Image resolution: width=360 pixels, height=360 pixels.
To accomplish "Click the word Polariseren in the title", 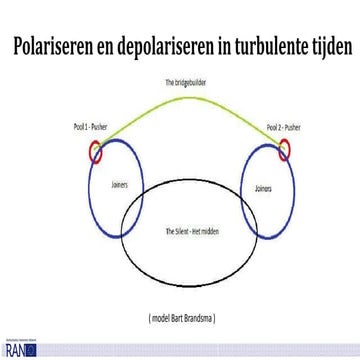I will coord(57,47).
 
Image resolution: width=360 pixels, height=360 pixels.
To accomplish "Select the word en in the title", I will coord(110,47).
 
